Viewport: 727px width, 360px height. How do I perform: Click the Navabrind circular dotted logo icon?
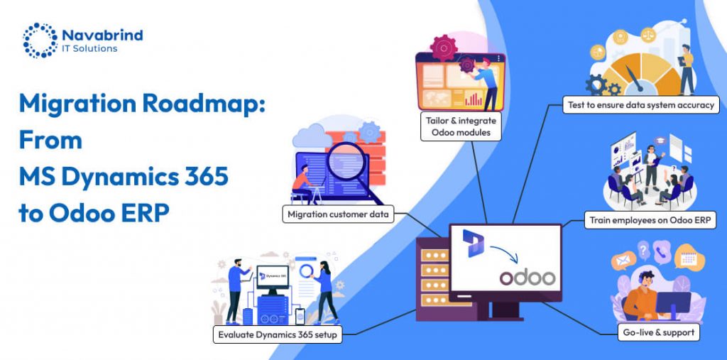(40, 40)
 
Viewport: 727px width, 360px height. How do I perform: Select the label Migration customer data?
(338, 214)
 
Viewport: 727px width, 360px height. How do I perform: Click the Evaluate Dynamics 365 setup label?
(278, 334)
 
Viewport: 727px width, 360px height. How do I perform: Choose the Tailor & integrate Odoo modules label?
(461, 126)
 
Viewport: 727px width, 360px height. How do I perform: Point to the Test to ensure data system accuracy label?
(641, 105)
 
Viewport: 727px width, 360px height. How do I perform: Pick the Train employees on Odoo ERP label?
(650, 220)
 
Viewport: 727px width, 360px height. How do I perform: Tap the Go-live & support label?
(658, 332)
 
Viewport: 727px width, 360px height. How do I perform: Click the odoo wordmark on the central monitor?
(528, 278)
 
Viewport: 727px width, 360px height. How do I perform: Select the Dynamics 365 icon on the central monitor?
(473, 243)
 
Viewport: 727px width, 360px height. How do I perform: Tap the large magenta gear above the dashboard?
(444, 48)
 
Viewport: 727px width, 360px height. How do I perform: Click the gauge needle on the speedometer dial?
(634, 78)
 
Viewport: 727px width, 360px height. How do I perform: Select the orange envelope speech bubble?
(623, 261)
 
